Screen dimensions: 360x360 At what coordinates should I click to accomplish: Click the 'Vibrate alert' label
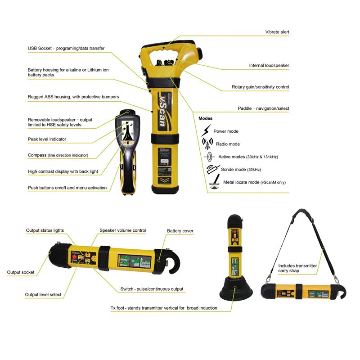277,32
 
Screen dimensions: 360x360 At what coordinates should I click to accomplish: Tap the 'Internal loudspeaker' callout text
269,65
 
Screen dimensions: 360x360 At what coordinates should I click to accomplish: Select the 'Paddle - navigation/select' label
263,108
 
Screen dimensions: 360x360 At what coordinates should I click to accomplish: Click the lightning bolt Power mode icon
206,130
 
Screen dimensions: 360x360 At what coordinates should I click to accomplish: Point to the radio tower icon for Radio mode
207,144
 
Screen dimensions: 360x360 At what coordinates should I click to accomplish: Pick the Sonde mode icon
213,170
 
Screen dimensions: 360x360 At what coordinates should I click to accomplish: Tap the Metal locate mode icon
215,182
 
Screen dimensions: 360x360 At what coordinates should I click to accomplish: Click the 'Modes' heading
206,118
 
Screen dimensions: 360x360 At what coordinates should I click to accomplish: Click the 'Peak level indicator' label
47,139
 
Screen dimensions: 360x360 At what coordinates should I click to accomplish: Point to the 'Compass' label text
37,155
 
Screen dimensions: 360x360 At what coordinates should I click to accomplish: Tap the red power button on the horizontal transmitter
74,257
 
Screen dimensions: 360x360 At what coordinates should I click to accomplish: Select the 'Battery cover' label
180,231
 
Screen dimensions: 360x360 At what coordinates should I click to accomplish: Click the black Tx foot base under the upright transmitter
236,289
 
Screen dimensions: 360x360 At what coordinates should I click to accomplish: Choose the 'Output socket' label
21,272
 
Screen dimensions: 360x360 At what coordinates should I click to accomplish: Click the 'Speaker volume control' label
122,230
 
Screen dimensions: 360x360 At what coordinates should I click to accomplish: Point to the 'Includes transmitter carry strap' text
297,268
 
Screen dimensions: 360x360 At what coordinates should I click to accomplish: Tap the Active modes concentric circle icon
209,157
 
